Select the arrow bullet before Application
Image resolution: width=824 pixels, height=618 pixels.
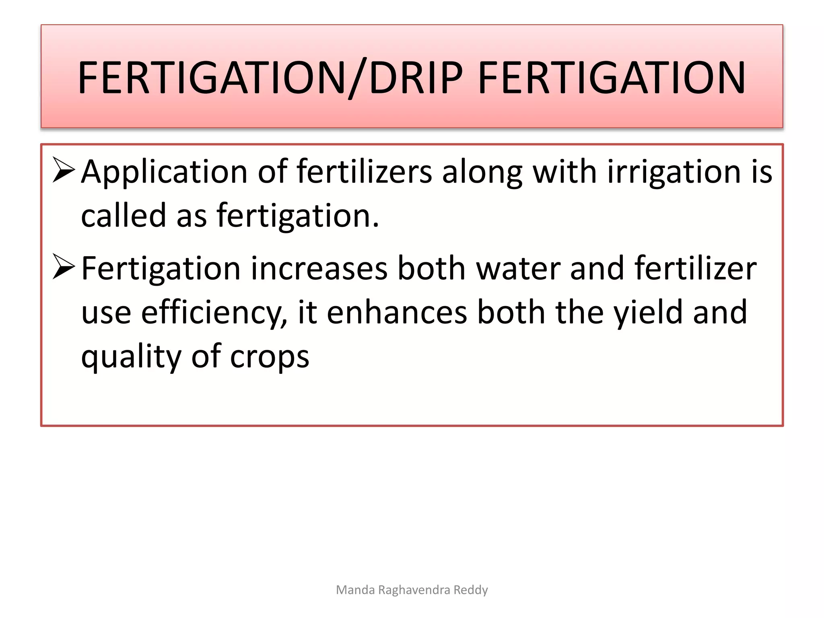pos(64,170)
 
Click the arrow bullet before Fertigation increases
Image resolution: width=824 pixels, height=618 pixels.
pos(64,267)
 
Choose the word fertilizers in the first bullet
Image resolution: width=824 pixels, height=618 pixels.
pos(365,171)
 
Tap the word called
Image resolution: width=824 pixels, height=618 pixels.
pos(124,215)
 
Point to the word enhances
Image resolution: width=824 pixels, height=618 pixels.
pos(397,312)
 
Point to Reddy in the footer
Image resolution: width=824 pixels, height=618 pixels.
pos(471,590)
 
